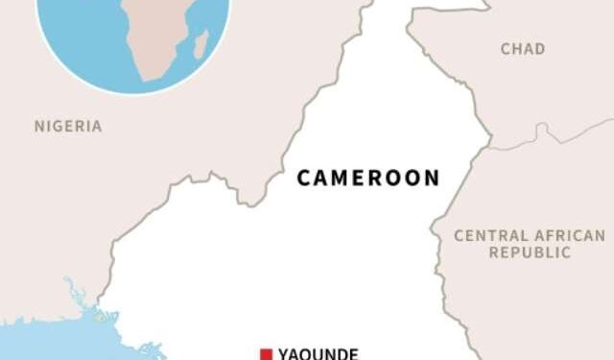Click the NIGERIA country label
click(67, 126)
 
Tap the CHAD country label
click(523, 49)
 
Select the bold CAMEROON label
click(368, 178)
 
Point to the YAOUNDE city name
click(318, 353)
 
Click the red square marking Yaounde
click(266, 354)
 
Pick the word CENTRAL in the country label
click(489, 235)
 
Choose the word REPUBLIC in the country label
click(530, 252)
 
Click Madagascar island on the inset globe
click(201, 43)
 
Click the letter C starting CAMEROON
click(303, 178)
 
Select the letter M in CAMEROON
click(342, 178)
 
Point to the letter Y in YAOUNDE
click(283, 353)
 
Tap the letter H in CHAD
click(516, 49)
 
